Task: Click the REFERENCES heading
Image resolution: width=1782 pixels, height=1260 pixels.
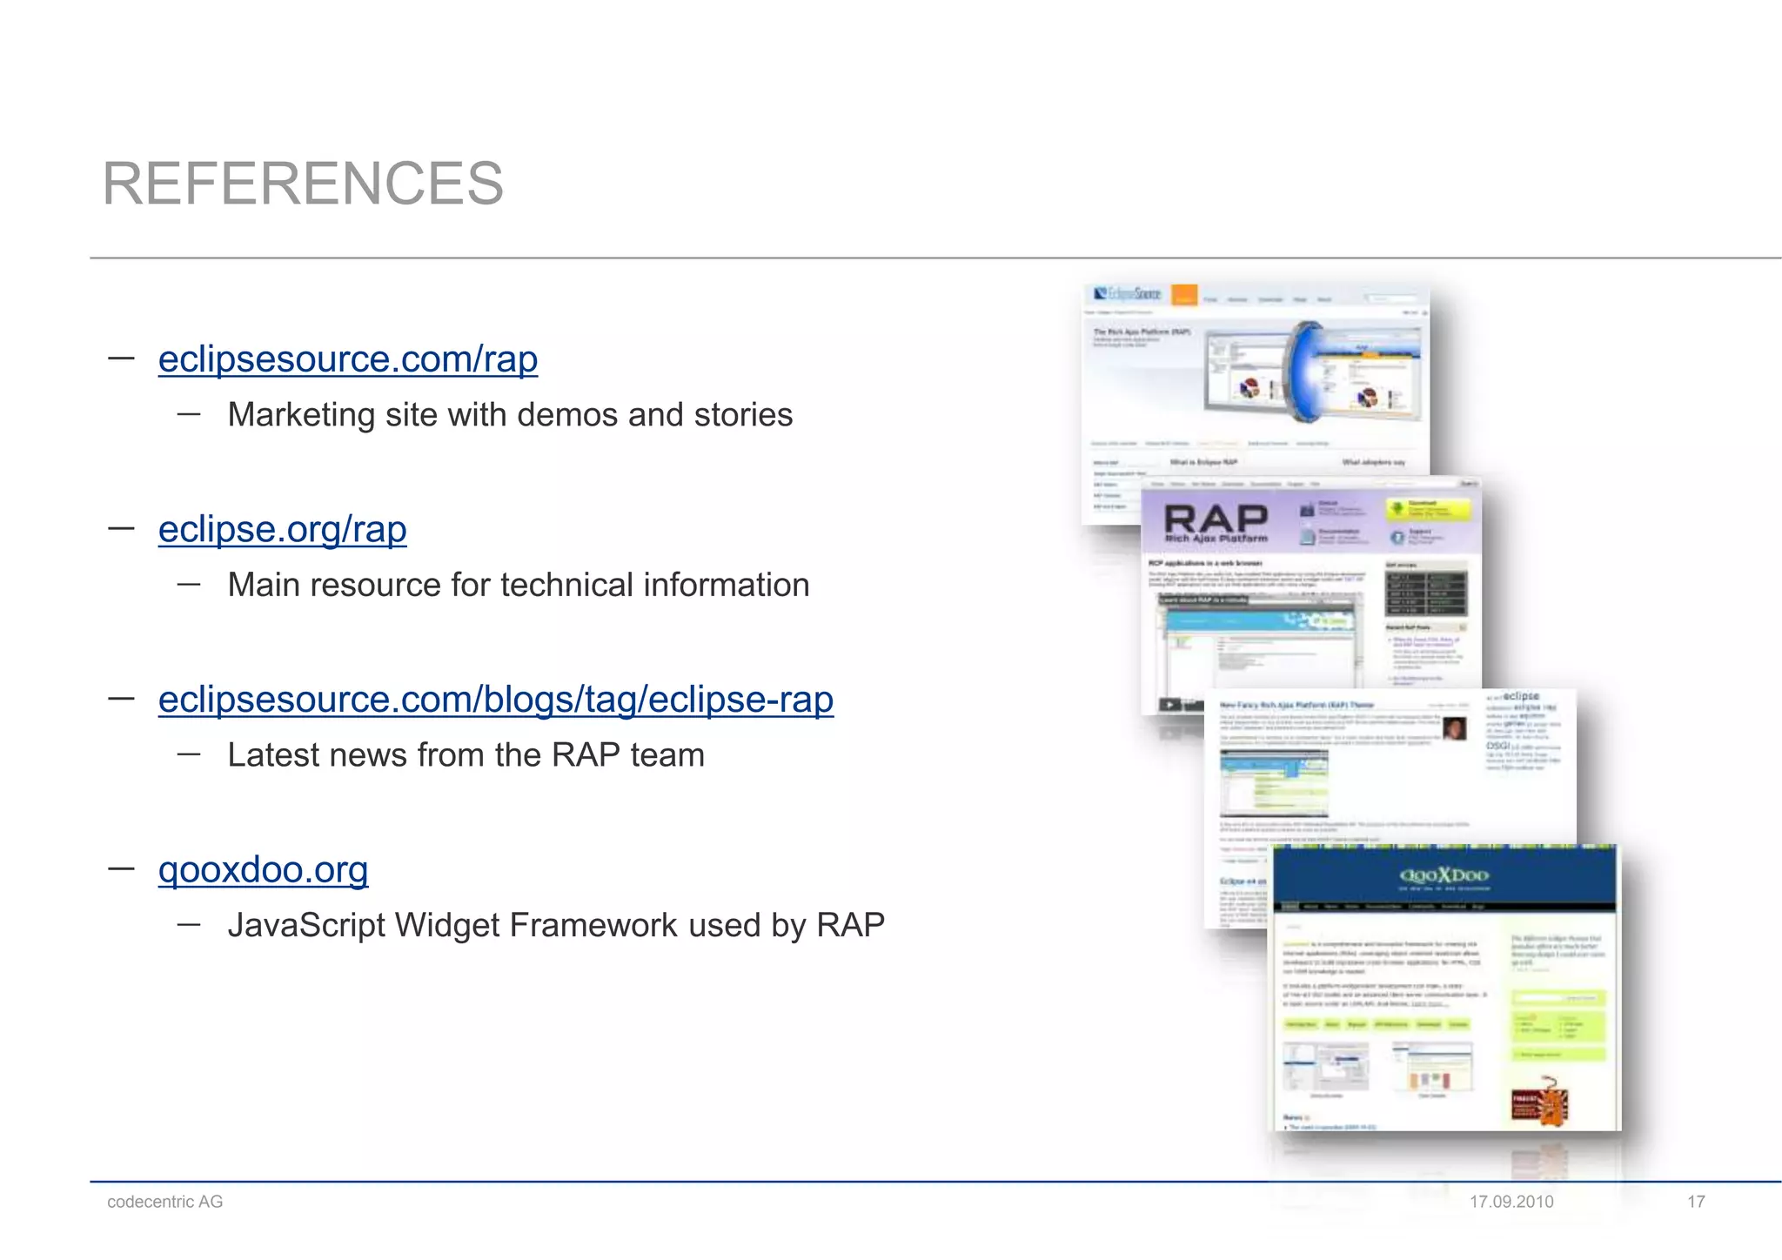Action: coord(303,184)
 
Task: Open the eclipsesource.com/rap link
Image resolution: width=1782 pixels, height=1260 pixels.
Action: coord(348,359)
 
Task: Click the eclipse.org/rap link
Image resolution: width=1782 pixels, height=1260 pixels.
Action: coord(282,528)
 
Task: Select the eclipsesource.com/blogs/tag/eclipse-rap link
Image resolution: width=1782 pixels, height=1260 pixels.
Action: coord(496,699)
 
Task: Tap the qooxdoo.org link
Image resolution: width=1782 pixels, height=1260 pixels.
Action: coord(263,868)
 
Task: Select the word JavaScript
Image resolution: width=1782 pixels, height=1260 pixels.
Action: coord(305,925)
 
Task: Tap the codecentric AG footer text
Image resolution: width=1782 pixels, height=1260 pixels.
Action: coord(164,1202)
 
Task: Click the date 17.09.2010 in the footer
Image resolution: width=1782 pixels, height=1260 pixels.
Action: coord(1511,1202)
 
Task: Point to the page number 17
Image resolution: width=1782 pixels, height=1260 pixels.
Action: coord(1696,1202)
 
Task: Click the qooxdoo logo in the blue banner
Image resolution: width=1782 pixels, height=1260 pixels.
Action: coord(1444,875)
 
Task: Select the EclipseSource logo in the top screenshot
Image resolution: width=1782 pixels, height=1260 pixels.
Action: coord(1128,294)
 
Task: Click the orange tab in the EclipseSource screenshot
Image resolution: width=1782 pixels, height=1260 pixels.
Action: coord(1183,296)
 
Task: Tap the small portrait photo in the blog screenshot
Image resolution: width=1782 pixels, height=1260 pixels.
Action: coord(1454,729)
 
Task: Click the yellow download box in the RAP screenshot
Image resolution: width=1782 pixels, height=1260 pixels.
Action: coord(1427,509)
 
